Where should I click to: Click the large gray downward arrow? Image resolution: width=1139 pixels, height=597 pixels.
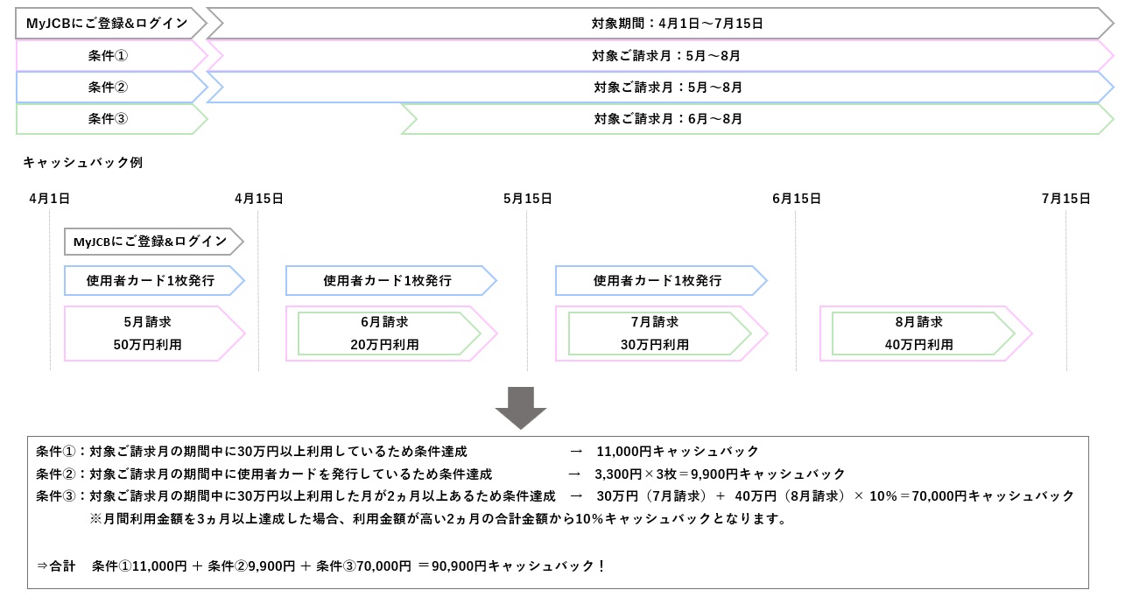pyautogui.click(x=521, y=407)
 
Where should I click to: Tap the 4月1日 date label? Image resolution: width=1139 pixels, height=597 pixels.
pyautogui.click(x=49, y=199)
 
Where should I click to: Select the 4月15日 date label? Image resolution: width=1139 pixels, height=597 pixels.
pyautogui.click(x=259, y=199)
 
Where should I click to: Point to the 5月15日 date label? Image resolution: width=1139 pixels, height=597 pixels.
pyautogui.click(x=528, y=199)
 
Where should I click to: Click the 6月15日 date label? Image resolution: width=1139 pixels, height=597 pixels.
pyautogui.click(x=797, y=199)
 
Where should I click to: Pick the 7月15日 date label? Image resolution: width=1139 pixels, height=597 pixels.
pyautogui.click(x=1065, y=199)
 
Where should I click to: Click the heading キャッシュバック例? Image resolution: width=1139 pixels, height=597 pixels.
pyautogui.click(x=83, y=163)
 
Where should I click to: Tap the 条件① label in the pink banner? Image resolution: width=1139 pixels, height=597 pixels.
pyautogui.click(x=108, y=55)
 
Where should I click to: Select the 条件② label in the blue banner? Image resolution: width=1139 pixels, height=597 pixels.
pyautogui.click(x=108, y=87)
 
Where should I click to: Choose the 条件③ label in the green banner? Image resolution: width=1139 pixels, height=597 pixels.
pyautogui.click(x=108, y=118)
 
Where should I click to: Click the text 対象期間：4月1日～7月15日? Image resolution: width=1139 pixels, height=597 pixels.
pyautogui.click(x=678, y=24)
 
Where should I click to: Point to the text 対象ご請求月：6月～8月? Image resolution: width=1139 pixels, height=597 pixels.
pyautogui.click(x=668, y=118)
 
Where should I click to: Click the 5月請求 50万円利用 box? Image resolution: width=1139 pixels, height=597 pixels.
pyautogui.click(x=155, y=334)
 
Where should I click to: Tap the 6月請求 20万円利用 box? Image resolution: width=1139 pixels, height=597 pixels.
pyautogui.click(x=391, y=334)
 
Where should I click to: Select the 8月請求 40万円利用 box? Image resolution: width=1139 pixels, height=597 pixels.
pyautogui.click(x=926, y=334)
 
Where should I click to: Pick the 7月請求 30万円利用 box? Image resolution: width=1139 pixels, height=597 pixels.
pyautogui.click(x=661, y=334)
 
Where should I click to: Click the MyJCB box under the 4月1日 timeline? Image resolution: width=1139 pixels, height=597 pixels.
pyautogui.click(x=154, y=242)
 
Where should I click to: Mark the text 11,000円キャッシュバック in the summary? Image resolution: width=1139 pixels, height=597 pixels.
pyautogui.click(x=678, y=451)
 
